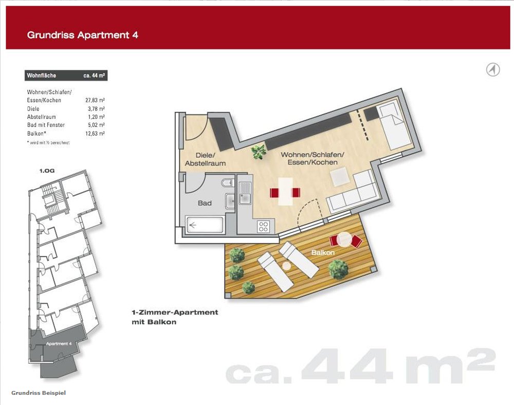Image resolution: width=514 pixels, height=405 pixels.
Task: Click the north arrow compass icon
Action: (x=493, y=69)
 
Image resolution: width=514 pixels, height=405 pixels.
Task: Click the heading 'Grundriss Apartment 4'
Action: (x=82, y=35)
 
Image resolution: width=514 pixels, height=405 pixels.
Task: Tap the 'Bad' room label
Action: (x=205, y=203)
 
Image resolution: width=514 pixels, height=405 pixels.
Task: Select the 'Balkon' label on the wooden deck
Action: (x=323, y=253)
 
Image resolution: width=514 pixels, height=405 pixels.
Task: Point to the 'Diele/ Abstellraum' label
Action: (x=205, y=159)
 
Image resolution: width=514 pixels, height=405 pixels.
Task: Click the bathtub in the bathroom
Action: (x=205, y=225)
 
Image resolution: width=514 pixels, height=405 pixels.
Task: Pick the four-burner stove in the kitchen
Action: (x=264, y=226)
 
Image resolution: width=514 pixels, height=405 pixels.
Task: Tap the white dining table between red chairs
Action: (x=285, y=192)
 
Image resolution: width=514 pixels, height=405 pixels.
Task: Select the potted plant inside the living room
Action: (x=259, y=151)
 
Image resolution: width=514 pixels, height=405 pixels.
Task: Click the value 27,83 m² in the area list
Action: (x=95, y=100)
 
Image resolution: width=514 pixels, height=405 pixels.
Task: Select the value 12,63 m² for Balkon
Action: (x=95, y=134)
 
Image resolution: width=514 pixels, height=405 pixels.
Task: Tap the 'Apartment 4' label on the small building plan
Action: (x=59, y=343)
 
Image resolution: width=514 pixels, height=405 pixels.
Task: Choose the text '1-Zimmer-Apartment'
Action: (x=175, y=312)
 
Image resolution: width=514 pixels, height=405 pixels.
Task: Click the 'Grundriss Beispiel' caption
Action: (x=39, y=393)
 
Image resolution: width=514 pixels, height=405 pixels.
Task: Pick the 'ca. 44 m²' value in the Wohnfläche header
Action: (x=95, y=76)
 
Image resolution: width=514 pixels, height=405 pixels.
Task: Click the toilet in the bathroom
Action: (x=226, y=183)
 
